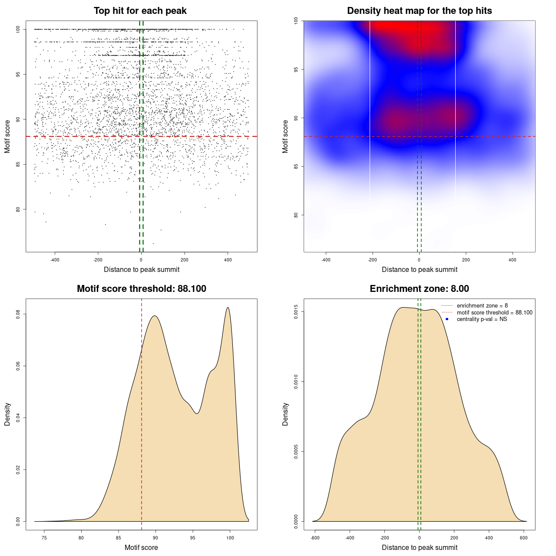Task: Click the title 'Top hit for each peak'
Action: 140,11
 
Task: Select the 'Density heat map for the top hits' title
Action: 419,11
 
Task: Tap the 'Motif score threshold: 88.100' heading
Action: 141,289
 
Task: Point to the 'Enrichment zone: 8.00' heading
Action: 419,289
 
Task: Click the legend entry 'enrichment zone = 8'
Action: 482,306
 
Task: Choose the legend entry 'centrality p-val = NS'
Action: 482,319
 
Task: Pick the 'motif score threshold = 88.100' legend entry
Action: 494,313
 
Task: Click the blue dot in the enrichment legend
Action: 447,319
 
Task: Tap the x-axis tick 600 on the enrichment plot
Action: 523,538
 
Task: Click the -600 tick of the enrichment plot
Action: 315,538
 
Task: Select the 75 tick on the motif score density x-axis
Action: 44,538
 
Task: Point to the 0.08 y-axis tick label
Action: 18,314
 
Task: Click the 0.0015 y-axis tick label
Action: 296,312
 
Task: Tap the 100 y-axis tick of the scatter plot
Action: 18,29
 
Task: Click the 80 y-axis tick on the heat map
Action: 296,215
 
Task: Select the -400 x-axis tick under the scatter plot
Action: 55,260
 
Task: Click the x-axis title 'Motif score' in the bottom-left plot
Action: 141,548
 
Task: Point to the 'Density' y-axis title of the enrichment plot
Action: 285,414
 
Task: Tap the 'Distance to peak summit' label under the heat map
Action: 419,270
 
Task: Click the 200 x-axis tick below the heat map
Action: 466,260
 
